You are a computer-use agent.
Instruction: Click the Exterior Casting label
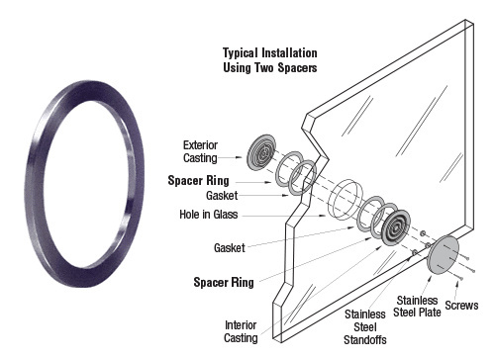click(200, 151)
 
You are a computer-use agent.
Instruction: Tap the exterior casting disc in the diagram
click(261, 152)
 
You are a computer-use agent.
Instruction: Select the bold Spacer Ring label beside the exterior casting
click(198, 181)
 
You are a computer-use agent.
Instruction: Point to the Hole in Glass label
click(209, 215)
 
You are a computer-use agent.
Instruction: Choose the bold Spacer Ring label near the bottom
click(224, 283)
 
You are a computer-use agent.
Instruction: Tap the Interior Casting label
click(241, 331)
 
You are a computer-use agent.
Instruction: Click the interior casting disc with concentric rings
click(396, 226)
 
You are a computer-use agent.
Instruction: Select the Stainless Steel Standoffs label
click(365, 327)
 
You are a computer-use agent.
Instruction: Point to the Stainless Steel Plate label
click(417, 307)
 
